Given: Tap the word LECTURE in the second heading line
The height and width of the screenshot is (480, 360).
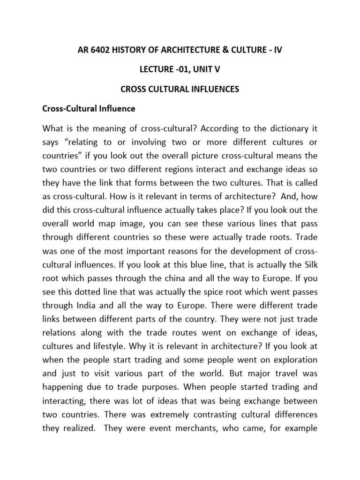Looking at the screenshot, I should [x=158, y=70].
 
